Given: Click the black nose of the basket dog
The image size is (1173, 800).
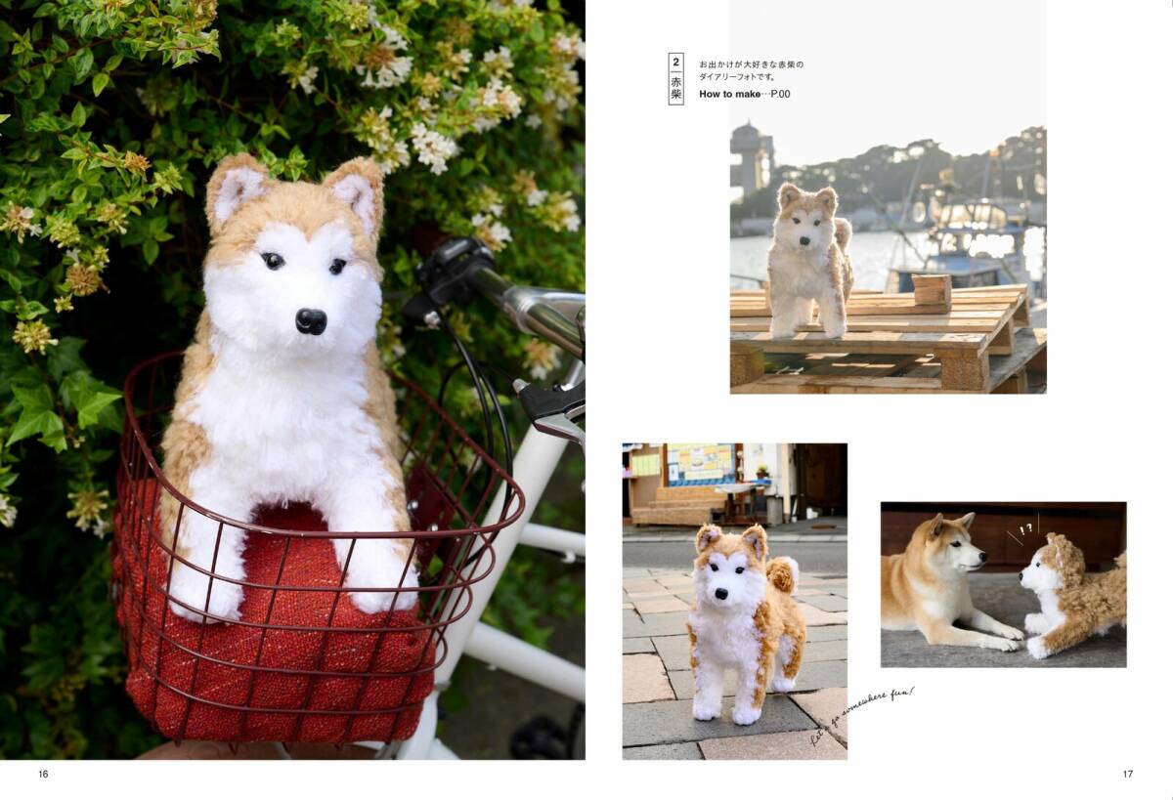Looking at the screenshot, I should click(x=311, y=320).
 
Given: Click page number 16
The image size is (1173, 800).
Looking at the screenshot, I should click(x=43, y=774).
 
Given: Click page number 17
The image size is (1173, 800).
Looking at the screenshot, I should click(x=1127, y=774).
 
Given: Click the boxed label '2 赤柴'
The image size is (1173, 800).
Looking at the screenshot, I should click(x=675, y=78).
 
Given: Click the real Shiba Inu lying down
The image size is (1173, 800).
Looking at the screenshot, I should click(x=938, y=581).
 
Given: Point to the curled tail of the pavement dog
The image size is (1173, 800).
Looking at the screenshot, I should click(x=782, y=575).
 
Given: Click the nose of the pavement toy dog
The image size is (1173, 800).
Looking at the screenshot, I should click(x=722, y=592).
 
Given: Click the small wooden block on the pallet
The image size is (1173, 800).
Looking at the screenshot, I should click(x=931, y=290).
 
